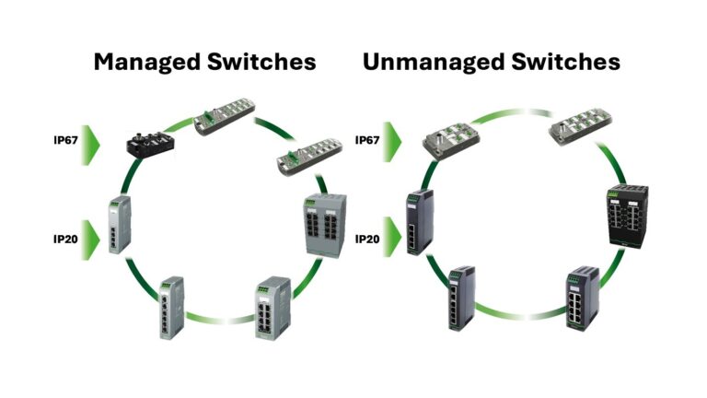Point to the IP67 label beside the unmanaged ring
pyautogui.click(x=368, y=141)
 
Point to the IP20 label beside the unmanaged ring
pyautogui.click(x=368, y=238)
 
